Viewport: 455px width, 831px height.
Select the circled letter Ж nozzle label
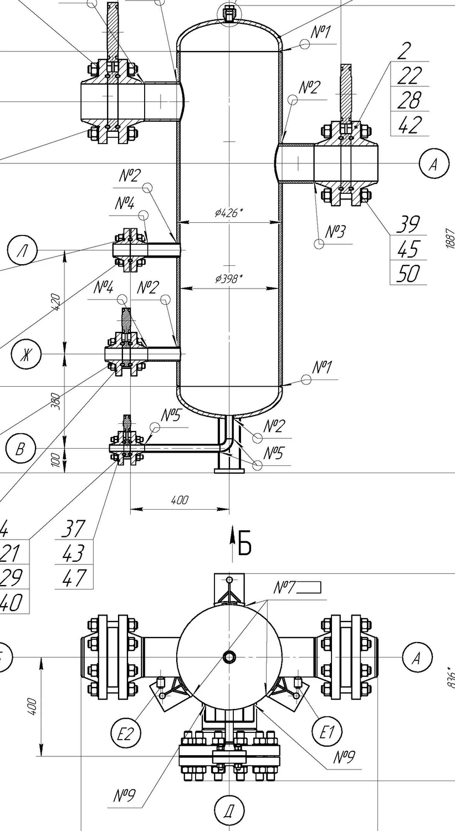[25, 354]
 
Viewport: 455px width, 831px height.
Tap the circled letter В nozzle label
[20, 448]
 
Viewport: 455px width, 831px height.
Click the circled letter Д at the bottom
[228, 812]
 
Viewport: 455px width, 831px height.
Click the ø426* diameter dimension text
[229, 212]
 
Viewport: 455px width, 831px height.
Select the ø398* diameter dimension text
[229, 278]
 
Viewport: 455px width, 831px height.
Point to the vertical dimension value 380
[55, 401]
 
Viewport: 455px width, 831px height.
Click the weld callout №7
[286, 587]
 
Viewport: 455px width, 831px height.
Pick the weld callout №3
[335, 232]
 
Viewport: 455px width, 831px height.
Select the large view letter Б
[244, 543]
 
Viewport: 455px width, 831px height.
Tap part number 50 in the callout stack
[408, 274]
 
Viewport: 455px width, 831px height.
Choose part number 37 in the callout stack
[73, 529]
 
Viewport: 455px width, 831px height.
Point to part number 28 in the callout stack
[410, 100]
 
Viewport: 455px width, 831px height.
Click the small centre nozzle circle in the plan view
[229, 656]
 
